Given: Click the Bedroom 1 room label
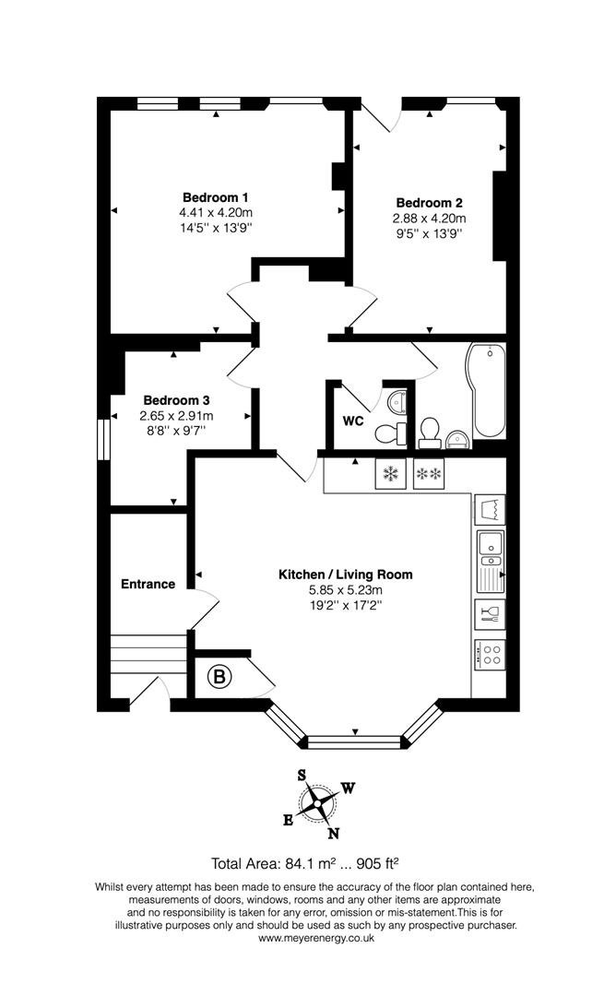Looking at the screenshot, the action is pyautogui.click(x=215, y=197).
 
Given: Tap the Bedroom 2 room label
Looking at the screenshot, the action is pyautogui.click(x=430, y=203).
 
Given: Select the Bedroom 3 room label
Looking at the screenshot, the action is pyautogui.click(x=176, y=401).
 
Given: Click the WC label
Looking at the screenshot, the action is pyautogui.click(x=353, y=421).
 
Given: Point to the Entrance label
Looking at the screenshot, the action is pyautogui.click(x=148, y=585).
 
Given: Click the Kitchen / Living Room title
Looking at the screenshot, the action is pyautogui.click(x=346, y=575).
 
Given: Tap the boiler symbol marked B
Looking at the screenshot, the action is pyautogui.click(x=219, y=677).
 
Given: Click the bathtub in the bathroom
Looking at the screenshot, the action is pyautogui.click(x=486, y=391).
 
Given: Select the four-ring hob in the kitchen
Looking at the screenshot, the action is pyautogui.click(x=490, y=654).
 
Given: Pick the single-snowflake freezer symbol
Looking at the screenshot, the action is pyautogui.click(x=390, y=474).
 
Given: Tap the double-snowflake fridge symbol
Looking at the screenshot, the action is pyautogui.click(x=429, y=474).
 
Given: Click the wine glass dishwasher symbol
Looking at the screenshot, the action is pyautogui.click(x=490, y=614).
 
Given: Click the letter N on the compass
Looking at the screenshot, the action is pyautogui.click(x=333, y=834).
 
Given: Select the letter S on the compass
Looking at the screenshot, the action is pyautogui.click(x=302, y=775).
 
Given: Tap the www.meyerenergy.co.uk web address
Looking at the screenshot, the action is pyautogui.click(x=316, y=938).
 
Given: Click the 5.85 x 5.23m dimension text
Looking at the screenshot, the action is pyautogui.click(x=346, y=590).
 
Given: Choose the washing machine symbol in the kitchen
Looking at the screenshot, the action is pyautogui.click(x=490, y=509).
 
